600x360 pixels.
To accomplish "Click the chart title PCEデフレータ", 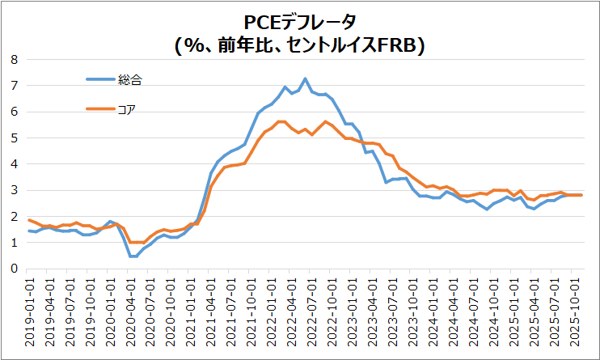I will click(x=300, y=22).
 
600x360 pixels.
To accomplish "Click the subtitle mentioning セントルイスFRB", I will click(x=300, y=45).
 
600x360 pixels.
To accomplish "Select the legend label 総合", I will click(x=130, y=79).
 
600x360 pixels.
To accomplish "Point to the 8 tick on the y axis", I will click(x=14, y=59).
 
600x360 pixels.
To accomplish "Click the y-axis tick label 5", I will click(x=14, y=138).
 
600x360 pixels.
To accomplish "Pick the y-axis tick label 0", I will click(x=14, y=269).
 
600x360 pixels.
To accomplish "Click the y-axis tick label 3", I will click(x=14, y=190).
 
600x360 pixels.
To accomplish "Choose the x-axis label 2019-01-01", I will click(x=29, y=311).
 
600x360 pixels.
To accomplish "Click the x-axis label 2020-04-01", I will click(x=130, y=311).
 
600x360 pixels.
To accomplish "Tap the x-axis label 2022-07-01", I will click(x=306, y=311).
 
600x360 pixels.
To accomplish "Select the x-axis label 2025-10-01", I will click(x=576, y=311).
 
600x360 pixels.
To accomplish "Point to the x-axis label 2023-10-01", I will click(x=413, y=311).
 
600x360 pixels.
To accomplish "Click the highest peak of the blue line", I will click(x=305, y=78).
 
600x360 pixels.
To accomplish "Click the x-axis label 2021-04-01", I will click(x=211, y=311).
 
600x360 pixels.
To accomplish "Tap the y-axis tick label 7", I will click(x=14, y=85).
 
